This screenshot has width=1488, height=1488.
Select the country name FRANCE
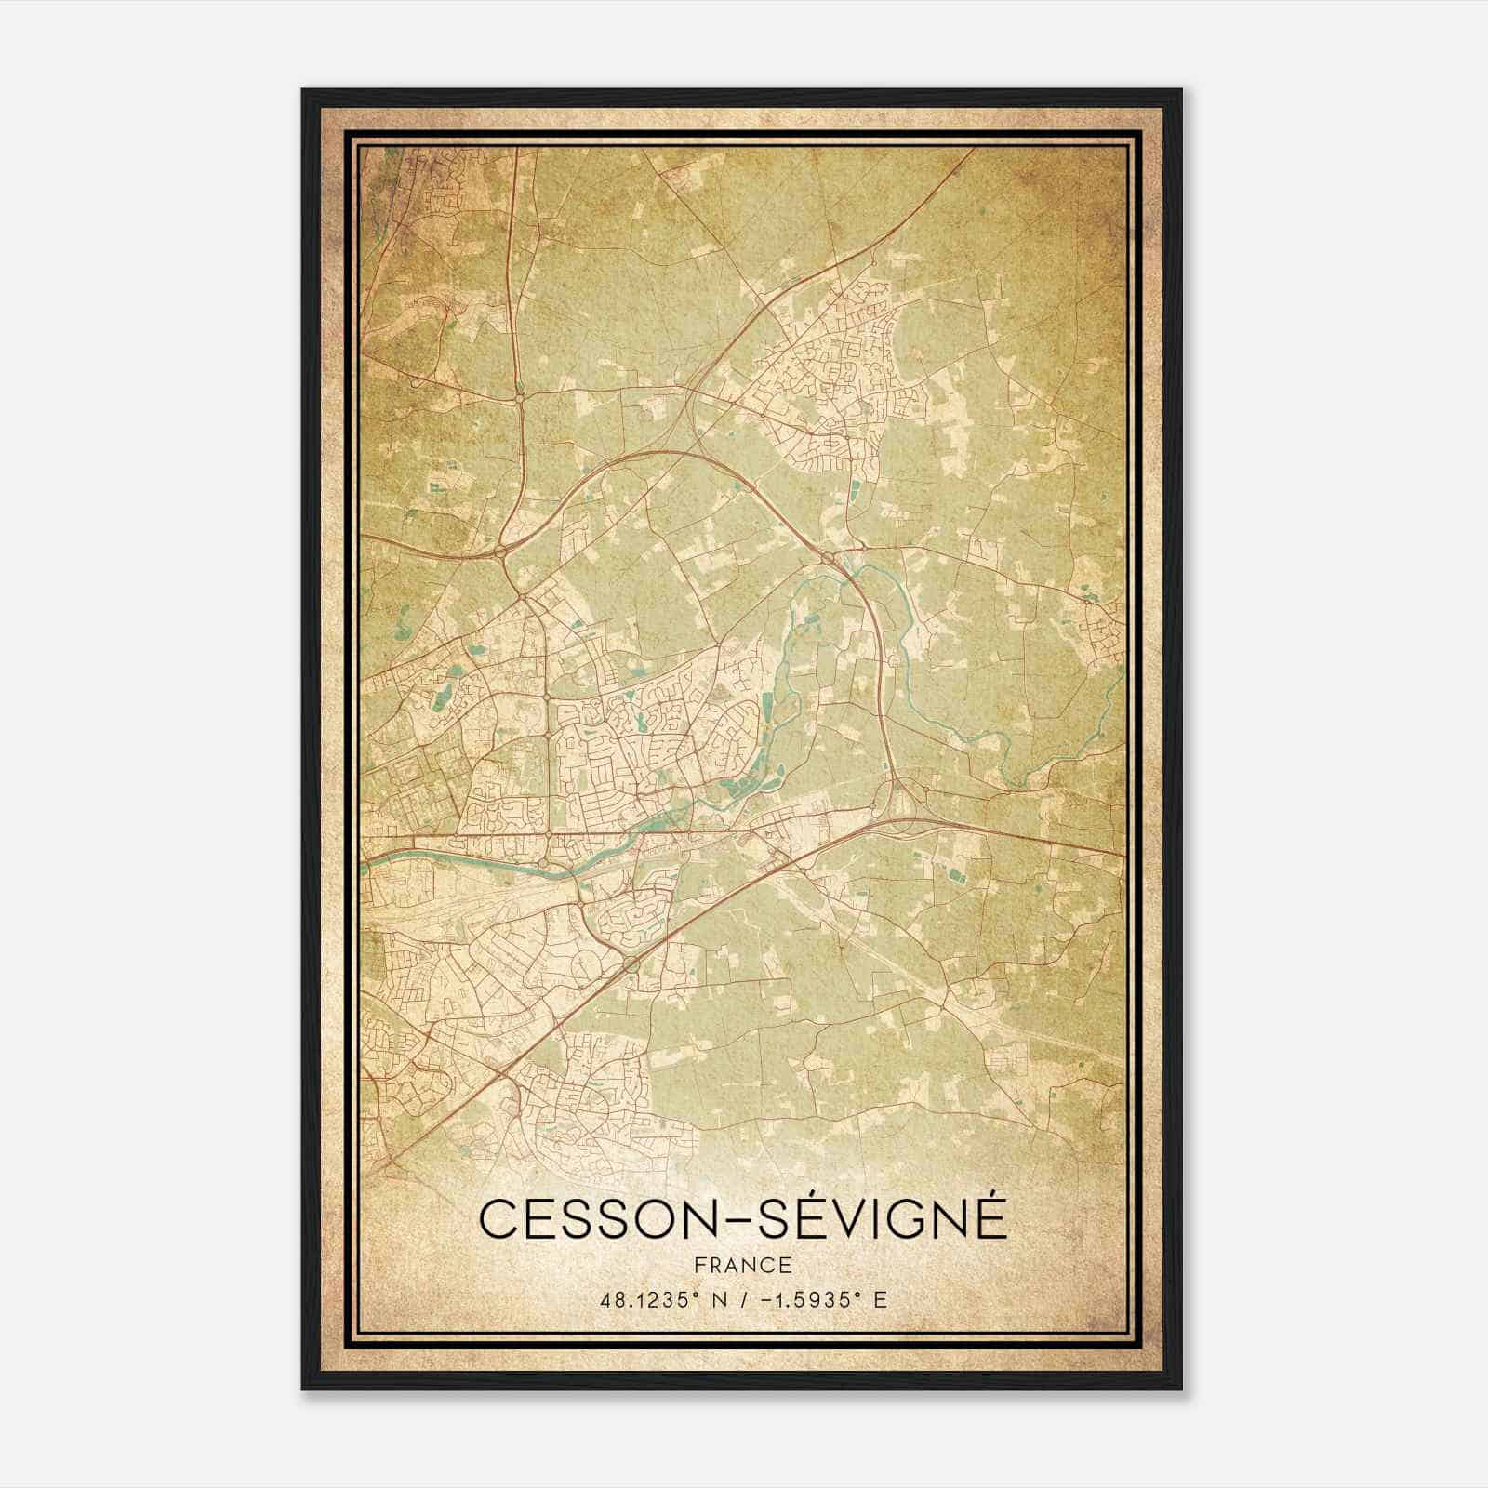click(x=743, y=1265)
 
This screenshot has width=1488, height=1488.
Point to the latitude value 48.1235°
click(x=650, y=1298)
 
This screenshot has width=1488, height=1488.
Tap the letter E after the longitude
click(x=880, y=1298)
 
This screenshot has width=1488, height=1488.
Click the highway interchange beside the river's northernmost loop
click(x=829, y=556)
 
